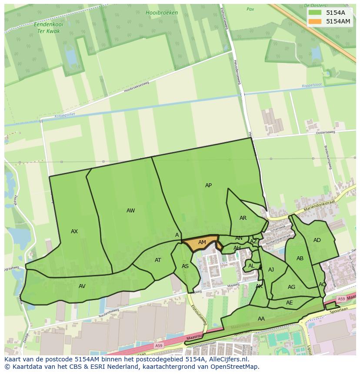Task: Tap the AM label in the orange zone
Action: pos(202,242)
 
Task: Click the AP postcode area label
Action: pos(208,185)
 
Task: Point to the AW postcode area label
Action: pos(130,211)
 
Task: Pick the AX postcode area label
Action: pos(74,232)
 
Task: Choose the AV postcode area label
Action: pos(82,286)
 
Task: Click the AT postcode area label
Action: pos(158,260)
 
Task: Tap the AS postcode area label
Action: pos(185,266)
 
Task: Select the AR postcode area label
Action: pos(243,218)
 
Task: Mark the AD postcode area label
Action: pos(317,240)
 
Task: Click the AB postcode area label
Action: pos(300,258)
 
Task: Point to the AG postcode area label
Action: pos(291,287)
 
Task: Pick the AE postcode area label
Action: pos(290,303)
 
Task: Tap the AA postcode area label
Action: pos(261,319)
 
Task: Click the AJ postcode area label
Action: pos(271,270)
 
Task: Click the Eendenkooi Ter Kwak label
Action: pos(48,28)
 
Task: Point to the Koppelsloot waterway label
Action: pos(311,86)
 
